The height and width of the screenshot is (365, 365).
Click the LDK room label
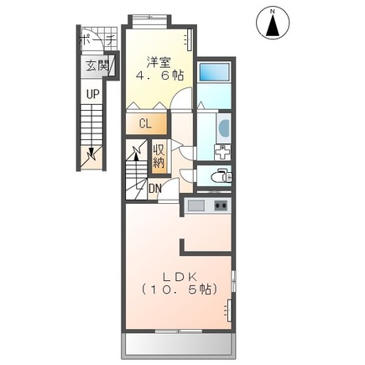(178, 275)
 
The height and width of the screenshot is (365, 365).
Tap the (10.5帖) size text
(178, 289)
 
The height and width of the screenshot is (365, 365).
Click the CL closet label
(144, 123)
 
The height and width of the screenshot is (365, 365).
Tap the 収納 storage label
(159, 155)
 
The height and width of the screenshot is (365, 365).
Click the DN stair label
(154, 188)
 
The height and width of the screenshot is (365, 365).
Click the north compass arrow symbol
(273, 23)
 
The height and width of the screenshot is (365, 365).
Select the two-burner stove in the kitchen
(222, 206)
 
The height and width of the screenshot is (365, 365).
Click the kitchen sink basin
(196, 206)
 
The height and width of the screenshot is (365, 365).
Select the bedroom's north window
(151, 18)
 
